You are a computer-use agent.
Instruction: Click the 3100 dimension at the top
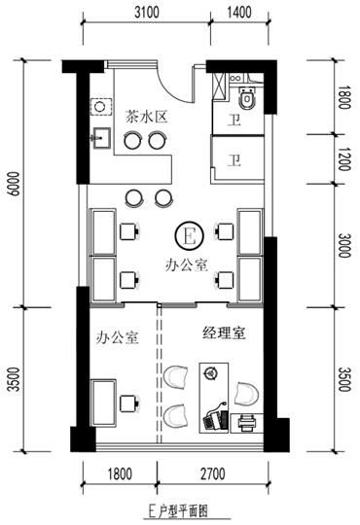147,13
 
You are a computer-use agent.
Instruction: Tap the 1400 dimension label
239,13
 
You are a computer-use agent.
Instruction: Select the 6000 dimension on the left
15,184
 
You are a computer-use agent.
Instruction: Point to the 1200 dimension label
343,158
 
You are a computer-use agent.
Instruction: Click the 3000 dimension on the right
343,245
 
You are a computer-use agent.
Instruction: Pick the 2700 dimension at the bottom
213,473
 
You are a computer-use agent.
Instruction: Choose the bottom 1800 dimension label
120,473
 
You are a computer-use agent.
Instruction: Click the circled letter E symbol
189,235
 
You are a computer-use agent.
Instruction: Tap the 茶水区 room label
146,118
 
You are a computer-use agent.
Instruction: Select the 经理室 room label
224,332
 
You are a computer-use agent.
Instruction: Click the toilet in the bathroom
247,97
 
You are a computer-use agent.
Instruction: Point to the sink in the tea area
100,138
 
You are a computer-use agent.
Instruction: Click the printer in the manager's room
247,423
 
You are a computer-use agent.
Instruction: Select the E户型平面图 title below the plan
178,511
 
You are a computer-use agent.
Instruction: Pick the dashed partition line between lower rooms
160,374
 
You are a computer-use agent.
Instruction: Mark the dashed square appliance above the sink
101,107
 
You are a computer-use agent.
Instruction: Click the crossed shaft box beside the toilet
220,86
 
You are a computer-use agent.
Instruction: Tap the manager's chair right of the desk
246,394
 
